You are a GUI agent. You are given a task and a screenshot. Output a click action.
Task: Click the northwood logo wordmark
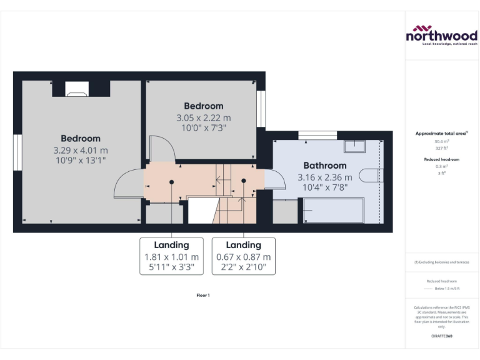tap(441, 36)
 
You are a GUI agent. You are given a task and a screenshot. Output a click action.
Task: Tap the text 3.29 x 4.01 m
tap(81, 150)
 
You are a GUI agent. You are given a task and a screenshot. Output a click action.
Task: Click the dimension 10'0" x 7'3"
tap(203, 127)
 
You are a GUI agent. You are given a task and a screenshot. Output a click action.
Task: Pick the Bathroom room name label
tap(324, 166)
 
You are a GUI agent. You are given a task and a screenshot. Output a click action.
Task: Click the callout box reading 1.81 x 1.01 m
tap(171, 256)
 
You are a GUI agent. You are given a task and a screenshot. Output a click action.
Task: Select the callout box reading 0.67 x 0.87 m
tap(243, 256)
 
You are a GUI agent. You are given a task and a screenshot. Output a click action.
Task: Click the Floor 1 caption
tap(202, 294)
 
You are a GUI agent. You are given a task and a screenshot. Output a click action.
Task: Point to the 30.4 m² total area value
tap(442, 142)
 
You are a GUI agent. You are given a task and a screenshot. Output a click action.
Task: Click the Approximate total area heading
tap(441, 133)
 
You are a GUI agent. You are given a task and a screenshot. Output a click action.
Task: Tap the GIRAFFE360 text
tap(441, 336)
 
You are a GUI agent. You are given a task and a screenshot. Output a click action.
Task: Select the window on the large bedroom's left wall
tap(18, 151)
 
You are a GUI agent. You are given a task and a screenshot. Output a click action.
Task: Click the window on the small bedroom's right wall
tap(261, 109)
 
